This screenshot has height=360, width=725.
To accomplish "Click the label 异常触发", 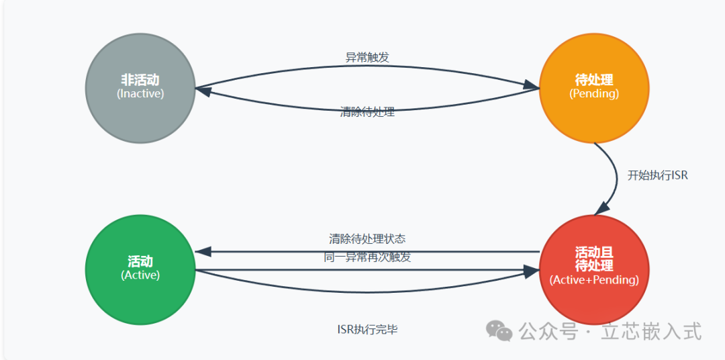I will (367, 58).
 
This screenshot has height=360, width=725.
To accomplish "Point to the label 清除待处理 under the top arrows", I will (367, 112).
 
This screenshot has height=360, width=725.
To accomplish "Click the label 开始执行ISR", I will (658, 175).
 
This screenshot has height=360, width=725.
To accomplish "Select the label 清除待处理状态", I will (367, 238).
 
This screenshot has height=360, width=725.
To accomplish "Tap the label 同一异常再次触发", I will (367, 257).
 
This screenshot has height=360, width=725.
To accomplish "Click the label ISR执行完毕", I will (367, 329).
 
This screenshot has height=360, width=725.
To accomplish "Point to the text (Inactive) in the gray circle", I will (140, 94).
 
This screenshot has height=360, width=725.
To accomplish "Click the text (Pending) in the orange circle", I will (594, 94).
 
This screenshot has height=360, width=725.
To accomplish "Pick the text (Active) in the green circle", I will (140, 275).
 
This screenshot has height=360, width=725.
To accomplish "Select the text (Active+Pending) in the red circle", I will (594, 280).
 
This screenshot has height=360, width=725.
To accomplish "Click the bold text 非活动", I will (140, 80).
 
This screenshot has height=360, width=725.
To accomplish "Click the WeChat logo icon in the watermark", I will (499, 330).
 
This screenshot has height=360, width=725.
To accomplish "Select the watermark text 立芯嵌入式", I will (650, 331).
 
